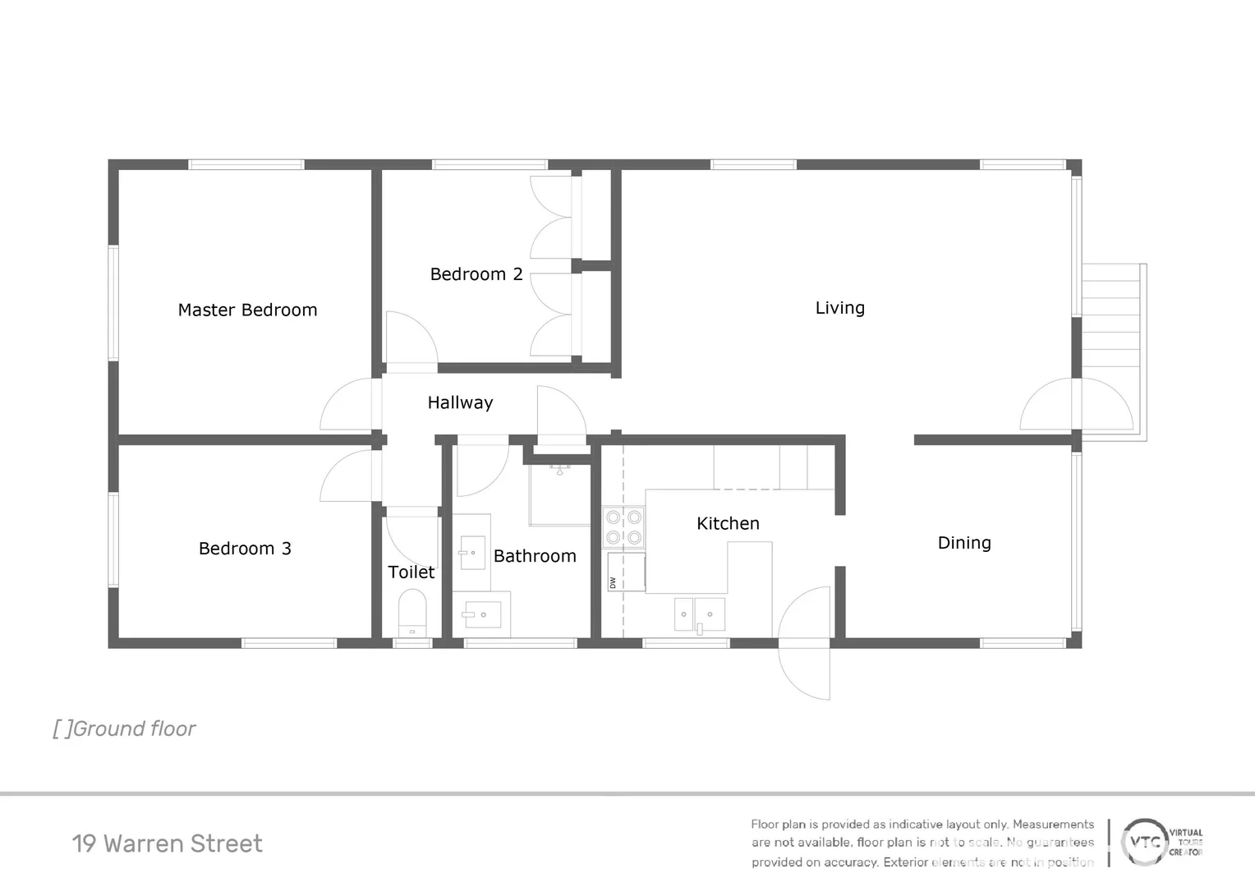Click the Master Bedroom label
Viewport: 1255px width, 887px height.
pyautogui.click(x=247, y=310)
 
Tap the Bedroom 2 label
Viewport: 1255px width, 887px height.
pyautogui.click(x=476, y=274)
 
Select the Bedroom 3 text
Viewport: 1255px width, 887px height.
pyautogui.click(x=245, y=549)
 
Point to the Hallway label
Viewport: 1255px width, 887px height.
pyautogui.click(x=460, y=402)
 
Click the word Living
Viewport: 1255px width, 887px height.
pyautogui.click(x=839, y=308)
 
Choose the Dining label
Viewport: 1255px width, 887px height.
pyautogui.click(x=964, y=543)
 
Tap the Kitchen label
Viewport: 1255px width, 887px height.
pyautogui.click(x=728, y=523)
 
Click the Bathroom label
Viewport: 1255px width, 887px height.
pyautogui.click(x=535, y=556)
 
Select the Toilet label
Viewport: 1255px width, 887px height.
pyautogui.click(x=411, y=572)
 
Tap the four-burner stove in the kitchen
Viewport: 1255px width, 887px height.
pyautogui.click(x=623, y=527)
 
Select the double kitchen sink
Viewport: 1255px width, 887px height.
pyautogui.click(x=699, y=614)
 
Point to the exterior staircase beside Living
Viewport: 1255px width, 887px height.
pyautogui.click(x=1113, y=329)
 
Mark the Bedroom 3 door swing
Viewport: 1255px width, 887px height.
pyautogui.click(x=349, y=476)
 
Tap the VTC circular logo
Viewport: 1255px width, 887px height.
pyautogui.click(x=1145, y=842)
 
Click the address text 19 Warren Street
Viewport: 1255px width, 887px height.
pyautogui.click(x=167, y=843)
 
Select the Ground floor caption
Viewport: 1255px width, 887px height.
pyautogui.click(x=124, y=728)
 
